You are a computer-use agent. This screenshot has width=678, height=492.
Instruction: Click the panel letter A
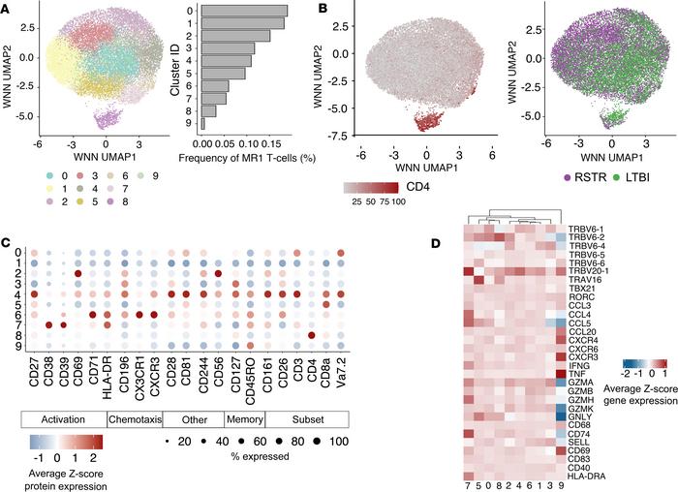[7, 8]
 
